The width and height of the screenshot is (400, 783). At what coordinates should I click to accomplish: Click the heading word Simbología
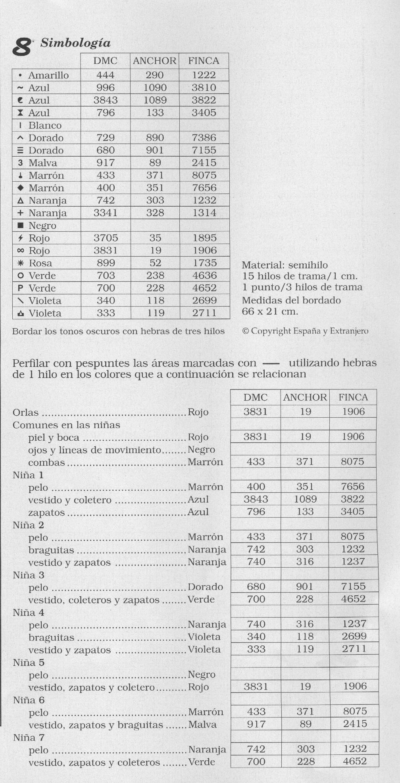(x=75, y=43)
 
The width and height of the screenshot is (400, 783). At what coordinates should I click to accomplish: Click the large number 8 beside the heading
(x=22, y=47)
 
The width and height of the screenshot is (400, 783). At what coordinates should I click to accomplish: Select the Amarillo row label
(x=48, y=75)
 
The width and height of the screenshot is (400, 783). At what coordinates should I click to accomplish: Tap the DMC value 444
(x=106, y=75)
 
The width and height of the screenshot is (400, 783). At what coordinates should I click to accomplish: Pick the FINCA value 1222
(x=204, y=75)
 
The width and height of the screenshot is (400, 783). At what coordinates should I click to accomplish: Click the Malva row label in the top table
(x=43, y=163)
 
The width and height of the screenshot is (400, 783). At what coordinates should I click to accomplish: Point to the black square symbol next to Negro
(x=21, y=226)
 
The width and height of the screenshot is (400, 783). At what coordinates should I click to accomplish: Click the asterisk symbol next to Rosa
(x=21, y=263)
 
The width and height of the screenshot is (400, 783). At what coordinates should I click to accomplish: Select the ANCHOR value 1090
(x=155, y=88)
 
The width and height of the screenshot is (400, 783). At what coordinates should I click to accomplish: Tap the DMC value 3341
(x=106, y=213)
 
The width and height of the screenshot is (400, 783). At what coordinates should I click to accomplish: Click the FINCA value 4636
(x=205, y=275)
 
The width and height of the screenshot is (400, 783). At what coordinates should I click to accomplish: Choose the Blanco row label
(x=45, y=125)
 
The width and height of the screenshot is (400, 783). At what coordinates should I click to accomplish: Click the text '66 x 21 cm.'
(x=270, y=311)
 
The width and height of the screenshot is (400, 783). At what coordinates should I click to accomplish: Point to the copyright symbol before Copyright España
(x=245, y=331)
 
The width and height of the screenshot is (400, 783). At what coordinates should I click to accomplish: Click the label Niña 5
(x=29, y=663)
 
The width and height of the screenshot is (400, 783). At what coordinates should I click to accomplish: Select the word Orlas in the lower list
(x=26, y=413)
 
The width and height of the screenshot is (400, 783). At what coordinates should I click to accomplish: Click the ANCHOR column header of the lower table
(x=305, y=397)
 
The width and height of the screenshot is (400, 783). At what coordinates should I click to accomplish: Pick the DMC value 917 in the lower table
(x=256, y=724)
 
